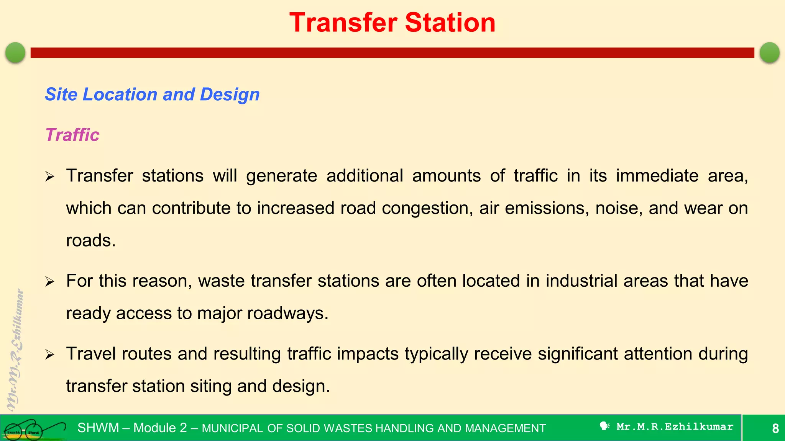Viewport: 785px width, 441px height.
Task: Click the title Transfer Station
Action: coord(392,23)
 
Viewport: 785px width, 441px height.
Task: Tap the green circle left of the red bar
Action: coord(15,52)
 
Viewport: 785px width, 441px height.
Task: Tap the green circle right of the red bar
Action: coord(769,52)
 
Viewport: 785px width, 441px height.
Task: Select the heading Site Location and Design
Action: coord(152,94)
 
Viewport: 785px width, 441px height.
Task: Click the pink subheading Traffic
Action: coord(72,135)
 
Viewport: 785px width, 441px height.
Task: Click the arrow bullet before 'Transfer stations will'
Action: coord(50,177)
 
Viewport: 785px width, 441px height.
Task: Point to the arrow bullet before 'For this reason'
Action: coord(50,282)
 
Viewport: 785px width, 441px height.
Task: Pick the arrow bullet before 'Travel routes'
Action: coord(50,355)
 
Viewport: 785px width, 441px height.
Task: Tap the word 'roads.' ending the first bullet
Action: coord(91,241)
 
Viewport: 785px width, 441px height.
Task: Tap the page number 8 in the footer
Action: coord(775,428)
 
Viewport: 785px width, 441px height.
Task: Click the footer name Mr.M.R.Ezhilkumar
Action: coord(675,427)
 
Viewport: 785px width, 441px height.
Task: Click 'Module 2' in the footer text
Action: coord(160,428)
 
